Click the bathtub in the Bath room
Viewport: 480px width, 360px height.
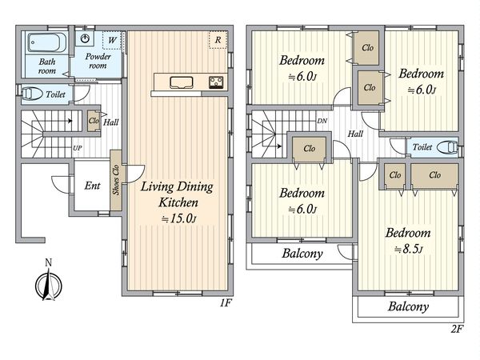tap(47, 43)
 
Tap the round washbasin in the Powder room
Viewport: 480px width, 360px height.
tap(85, 38)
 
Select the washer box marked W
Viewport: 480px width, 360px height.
tap(112, 40)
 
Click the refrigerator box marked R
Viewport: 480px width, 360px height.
tap(218, 40)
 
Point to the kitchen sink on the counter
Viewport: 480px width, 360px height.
tap(182, 82)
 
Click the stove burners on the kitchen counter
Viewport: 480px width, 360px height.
tap(216, 82)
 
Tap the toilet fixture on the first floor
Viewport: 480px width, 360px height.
tap(32, 94)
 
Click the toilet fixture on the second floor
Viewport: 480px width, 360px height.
tap(447, 147)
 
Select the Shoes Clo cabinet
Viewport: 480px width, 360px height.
tap(116, 180)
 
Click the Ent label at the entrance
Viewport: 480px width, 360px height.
tap(92, 186)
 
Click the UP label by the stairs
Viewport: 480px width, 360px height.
tap(77, 148)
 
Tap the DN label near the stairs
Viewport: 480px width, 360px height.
tap(322, 121)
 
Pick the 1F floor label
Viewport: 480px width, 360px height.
tap(226, 303)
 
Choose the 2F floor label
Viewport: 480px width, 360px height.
tap(457, 329)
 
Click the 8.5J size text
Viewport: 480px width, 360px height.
tap(409, 250)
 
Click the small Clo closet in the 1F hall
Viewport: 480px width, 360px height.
tap(94, 121)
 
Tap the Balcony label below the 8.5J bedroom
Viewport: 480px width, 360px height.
tap(408, 306)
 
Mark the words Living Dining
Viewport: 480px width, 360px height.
tap(177, 186)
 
